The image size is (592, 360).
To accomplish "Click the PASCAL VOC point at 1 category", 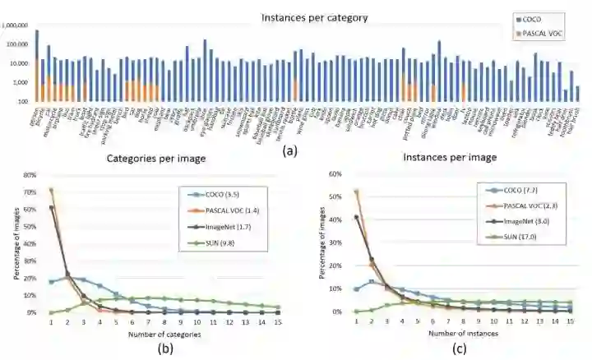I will click(x=52, y=191).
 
